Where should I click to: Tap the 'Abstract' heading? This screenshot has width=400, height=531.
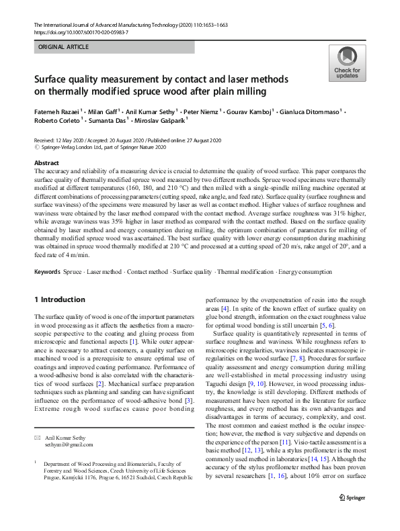coord(48,163)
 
